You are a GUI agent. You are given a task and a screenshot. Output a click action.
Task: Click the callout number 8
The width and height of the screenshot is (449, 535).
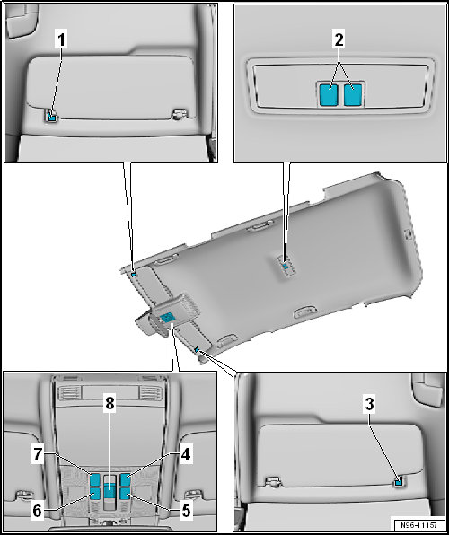(110, 406)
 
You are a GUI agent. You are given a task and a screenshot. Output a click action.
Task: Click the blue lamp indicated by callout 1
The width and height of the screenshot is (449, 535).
(52, 115)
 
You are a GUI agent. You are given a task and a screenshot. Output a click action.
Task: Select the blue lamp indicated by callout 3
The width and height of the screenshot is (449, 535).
(397, 482)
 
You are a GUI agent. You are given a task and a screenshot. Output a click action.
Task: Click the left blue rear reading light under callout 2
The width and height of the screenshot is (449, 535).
(330, 94)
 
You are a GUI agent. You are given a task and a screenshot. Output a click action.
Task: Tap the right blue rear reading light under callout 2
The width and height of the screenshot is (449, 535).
(353, 94)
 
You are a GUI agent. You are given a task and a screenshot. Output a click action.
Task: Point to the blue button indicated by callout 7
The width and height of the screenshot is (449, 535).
(95, 478)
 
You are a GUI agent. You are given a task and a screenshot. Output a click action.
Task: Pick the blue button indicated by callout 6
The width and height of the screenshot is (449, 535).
(95, 493)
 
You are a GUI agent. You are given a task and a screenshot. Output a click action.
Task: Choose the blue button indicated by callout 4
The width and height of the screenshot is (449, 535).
(127, 478)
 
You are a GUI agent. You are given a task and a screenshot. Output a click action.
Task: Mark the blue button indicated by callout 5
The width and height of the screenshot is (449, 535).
(127, 493)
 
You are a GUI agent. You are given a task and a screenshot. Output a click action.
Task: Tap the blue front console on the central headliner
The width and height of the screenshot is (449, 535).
(167, 315)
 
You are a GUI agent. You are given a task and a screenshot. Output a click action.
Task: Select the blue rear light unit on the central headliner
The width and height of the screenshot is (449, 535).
(284, 266)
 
